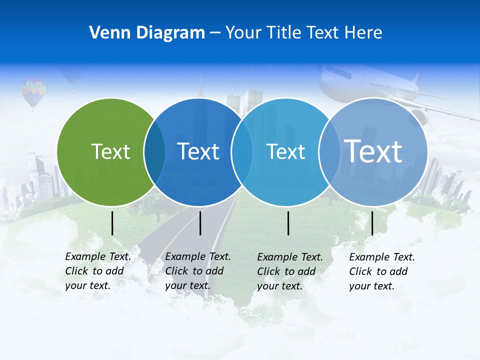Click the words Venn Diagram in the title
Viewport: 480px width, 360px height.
pos(147,33)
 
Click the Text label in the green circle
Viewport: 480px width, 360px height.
pos(110,151)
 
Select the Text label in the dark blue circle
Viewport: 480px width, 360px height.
pos(198,151)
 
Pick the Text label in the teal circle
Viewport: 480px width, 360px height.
pos(285,151)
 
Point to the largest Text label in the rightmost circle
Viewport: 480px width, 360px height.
pos(373,150)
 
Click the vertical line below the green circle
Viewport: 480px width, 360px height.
pos(112,223)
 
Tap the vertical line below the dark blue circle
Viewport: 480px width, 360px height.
pos(200,223)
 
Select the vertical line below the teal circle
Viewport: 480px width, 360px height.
pos(288,223)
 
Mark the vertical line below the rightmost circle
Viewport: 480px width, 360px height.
pos(372,223)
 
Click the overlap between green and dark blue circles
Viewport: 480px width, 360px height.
pos(154,151)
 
